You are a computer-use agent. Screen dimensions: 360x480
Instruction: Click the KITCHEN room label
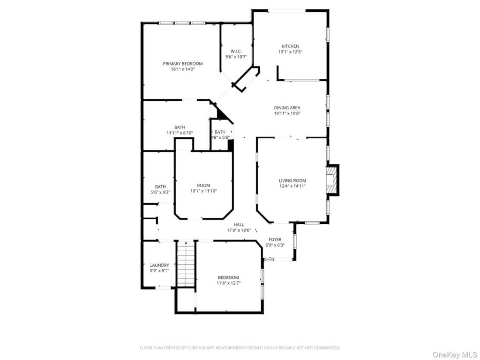click(290, 46)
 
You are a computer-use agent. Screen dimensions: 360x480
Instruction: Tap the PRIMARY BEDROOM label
click(182, 64)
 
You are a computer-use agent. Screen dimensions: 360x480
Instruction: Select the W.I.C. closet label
click(236, 51)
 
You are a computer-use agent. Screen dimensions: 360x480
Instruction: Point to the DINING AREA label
click(287, 108)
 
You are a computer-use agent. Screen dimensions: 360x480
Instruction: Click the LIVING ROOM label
click(292, 180)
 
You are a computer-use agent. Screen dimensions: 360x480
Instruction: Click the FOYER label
click(275, 240)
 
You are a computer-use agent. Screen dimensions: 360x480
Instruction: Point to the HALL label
click(239, 225)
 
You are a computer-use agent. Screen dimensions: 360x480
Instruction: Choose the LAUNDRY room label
click(159, 265)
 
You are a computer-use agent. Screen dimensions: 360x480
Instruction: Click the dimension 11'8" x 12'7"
click(228, 283)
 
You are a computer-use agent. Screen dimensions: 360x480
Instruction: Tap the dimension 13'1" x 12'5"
click(290, 52)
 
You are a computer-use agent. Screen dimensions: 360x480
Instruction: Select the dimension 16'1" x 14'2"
click(182, 69)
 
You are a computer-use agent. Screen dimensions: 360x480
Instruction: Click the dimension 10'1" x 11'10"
click(203, 191)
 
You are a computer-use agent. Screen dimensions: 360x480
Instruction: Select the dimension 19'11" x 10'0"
click(287, 113)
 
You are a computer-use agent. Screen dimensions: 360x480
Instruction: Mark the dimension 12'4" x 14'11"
click(292, 186)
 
